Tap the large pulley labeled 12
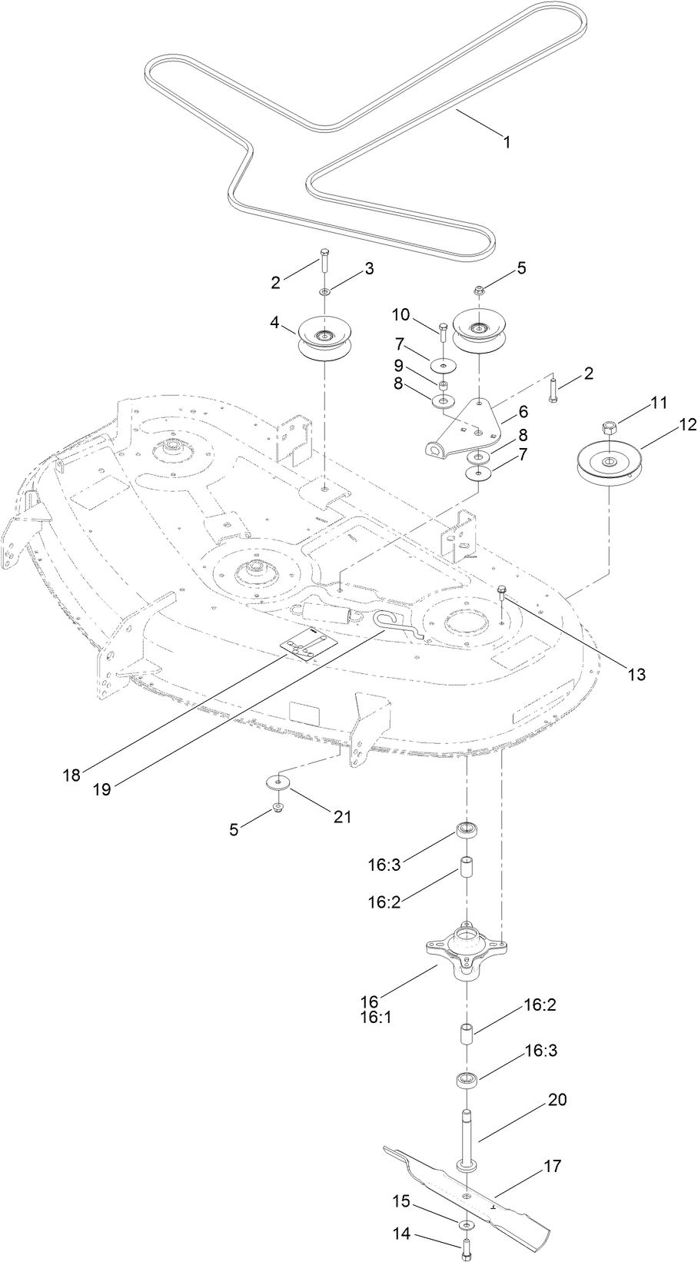tap(610, 463)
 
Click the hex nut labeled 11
tap(608, 427)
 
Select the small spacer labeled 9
tap(444, 384)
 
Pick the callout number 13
tap(635, 675)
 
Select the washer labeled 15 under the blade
tap(466, 1224)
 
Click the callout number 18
tap(71, 775)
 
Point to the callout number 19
tap(101, 789)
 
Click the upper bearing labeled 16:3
tap(465, 830)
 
